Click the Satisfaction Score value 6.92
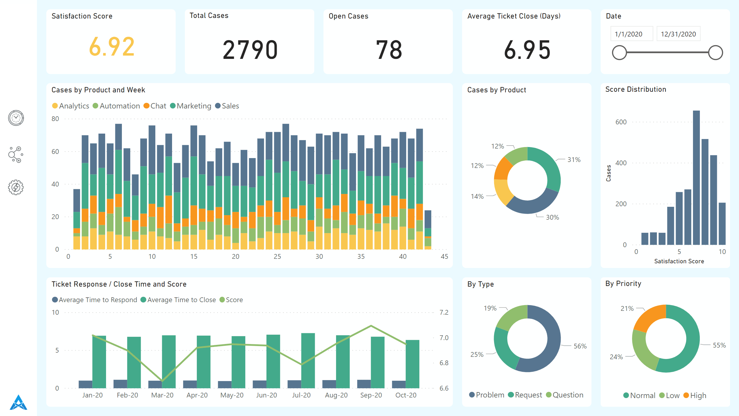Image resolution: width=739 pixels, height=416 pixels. point(112,47)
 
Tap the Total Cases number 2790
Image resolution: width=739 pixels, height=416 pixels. point(250,50)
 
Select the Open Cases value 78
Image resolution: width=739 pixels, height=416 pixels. point(389,50)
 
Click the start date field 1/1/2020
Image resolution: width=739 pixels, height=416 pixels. point(628,34)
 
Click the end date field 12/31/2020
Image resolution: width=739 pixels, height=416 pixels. point(678,34)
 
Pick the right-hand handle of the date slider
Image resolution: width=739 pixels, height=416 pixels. point(715,53)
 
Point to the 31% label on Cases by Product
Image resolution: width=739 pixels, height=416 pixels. point(574,160)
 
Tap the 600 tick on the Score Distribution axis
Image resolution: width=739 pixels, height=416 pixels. point(621,122)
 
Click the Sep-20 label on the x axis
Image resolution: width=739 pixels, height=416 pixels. point(371,395)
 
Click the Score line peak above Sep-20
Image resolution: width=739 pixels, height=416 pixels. point(371,326)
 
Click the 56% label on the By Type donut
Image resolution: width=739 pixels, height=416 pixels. point(580,346)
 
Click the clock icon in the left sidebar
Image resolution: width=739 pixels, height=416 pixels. point(16,118)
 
